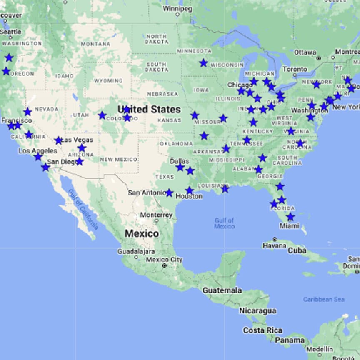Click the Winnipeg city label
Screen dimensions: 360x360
177,8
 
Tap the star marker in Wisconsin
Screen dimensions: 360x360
203,63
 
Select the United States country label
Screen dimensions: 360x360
149,110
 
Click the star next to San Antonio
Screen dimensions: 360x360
169,193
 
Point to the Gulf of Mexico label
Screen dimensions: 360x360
225,223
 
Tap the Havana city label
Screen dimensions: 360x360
275,245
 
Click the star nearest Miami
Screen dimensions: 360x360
290,217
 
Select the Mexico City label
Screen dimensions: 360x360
164,260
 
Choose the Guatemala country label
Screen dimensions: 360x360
222,290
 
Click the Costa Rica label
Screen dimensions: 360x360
262,330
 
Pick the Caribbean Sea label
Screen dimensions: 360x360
324,299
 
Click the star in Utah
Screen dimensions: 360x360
102,115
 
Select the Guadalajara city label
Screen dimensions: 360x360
136,252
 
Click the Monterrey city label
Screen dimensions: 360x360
156,215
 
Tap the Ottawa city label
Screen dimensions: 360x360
305,52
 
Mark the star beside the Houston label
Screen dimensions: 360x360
190,190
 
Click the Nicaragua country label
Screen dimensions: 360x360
257,311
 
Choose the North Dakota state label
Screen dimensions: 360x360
157,39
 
